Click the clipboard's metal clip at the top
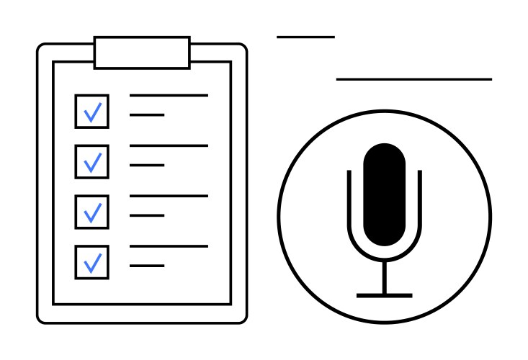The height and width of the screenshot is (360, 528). coord(142,53)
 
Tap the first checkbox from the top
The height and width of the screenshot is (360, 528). coord(92,112)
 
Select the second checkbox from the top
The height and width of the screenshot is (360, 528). coord(92,162)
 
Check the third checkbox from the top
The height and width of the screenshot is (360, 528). coord(92,212)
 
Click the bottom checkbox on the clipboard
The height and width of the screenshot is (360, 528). coord(92,262)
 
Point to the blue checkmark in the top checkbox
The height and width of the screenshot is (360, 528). coord(93,112)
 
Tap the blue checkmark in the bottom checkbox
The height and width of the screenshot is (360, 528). coord(93,263)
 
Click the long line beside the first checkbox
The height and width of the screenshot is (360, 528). coord(169,95)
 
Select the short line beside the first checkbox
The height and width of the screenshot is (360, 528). coord(147,114)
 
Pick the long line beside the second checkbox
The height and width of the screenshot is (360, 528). coord(169,145)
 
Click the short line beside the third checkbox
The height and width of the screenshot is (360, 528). coord(147,215)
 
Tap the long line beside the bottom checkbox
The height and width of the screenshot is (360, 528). coord(169,246)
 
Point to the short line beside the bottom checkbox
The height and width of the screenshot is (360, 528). coord(147,266)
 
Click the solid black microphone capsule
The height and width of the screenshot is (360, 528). coord(384,194)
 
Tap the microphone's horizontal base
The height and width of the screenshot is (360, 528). coord(384,295)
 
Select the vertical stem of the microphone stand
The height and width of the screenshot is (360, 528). coord(384,277)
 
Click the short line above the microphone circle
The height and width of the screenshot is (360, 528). coord(305,36)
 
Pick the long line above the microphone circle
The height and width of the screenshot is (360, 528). coord(413,78)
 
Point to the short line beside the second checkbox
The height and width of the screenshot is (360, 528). coord(147,165)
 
